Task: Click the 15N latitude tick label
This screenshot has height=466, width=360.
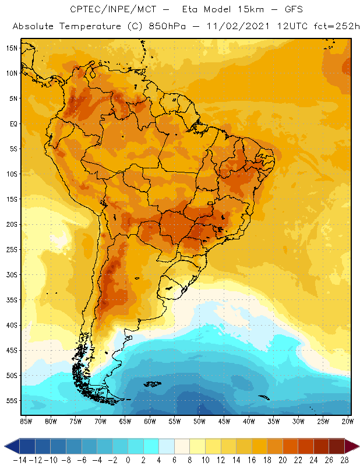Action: coord(11,48)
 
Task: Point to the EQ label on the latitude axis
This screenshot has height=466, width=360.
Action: coord(12,123)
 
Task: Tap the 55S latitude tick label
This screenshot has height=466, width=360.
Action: coord(11,401)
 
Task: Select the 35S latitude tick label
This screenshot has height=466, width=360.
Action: coord(11,300)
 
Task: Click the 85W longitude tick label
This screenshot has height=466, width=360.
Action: coord(26,421)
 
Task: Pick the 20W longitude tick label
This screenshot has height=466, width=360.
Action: coord(348,421)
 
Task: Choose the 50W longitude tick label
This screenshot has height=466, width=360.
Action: coord(199,421)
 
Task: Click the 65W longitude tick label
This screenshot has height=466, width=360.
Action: coord(125,421)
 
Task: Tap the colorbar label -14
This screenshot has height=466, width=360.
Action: coord(20,460)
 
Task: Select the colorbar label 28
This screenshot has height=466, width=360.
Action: coord(345,460)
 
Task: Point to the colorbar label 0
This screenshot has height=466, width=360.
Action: coord(128,460)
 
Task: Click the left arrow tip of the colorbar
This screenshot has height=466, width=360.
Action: coord(5,446)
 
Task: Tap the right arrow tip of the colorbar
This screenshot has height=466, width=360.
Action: coord(358,446)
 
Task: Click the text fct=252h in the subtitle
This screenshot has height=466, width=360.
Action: coord(334,27)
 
